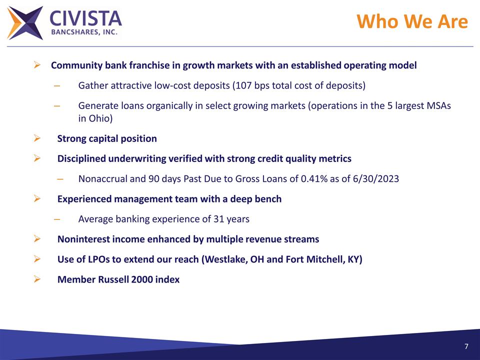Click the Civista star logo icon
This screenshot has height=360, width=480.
tap(25, 23)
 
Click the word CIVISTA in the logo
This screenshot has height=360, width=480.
tap(85, 18)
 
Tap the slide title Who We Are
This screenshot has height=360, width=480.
tap(412, 22)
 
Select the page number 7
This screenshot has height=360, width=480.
tap(466, 347)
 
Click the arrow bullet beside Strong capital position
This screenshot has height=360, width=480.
tap(36, 138)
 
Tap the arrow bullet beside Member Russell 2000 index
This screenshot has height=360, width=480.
tap(36, 279)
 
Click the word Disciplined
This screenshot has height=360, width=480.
tap(81, 159)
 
